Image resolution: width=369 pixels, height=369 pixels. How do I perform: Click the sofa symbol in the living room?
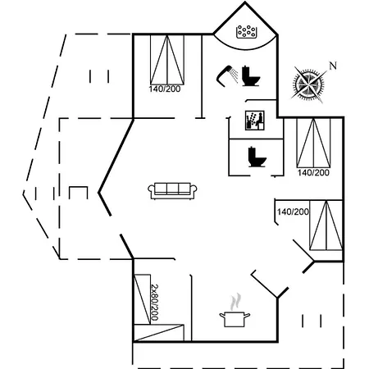click(x=172, y=190)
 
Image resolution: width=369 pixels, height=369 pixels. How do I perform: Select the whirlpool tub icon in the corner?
click(x=247, y=32)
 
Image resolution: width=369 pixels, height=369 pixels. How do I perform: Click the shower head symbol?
click(x=227, y=75)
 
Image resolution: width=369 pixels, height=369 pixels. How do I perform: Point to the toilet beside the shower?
click(x=250, y=76)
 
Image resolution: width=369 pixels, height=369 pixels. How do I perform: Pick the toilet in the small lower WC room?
click(x=257, y=157)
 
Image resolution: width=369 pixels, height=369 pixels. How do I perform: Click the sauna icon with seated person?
click(x=255, y=121)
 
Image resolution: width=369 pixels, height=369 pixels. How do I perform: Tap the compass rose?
click(x=309, y=84)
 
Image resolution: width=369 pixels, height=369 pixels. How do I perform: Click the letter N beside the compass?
click(x=333, y=66)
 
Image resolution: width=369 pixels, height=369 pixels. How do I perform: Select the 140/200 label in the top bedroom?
click(x=165, y=89)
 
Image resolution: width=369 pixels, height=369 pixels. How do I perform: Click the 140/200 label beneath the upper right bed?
click(x=313, y=172)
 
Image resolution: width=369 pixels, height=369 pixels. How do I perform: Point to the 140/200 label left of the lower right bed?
click(x=293, y=212)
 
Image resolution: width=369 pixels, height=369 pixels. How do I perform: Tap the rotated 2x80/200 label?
click(x=155, y=302)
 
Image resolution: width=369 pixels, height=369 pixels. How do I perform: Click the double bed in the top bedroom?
click(x=167, y=60)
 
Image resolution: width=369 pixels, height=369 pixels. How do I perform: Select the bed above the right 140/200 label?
click(x=313, y=143)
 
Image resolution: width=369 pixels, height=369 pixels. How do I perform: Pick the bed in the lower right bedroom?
click(x=326, y=225)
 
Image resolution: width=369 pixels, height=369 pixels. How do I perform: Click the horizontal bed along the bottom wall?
click(x=159, y=333)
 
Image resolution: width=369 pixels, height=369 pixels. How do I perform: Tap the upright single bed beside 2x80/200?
click(x=142, y=299)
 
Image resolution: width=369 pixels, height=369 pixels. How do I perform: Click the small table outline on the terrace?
click(x=79, y=192)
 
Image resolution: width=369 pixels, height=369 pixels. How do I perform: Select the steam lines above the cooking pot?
click(x=235, y=302)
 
